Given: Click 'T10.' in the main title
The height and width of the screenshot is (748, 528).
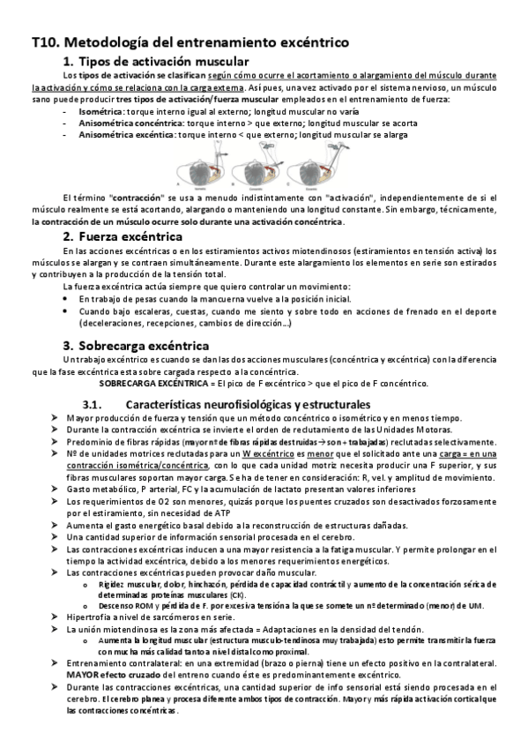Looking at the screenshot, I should coord(45,41).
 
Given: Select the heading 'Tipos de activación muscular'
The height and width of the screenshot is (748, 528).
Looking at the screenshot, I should coord(164,61).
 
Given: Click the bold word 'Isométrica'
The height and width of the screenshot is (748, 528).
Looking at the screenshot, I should coord(100,113).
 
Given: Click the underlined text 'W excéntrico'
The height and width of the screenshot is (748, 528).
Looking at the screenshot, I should coord(270,453).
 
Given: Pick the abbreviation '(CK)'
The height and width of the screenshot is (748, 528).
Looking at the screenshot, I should coord(213,595).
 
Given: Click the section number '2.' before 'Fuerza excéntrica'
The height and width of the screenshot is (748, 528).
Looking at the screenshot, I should coord(69,236).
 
